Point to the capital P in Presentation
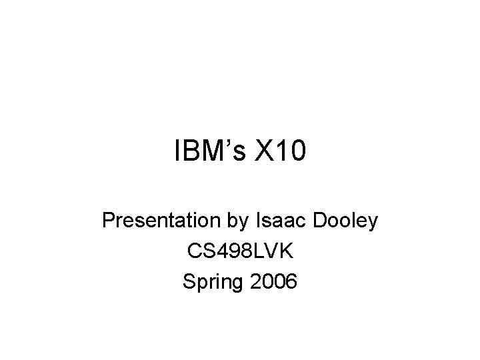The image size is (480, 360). [109, 221]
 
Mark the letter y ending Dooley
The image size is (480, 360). [373, 224]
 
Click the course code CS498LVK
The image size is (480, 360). [240, 252]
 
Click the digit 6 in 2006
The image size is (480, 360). [291, 283]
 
